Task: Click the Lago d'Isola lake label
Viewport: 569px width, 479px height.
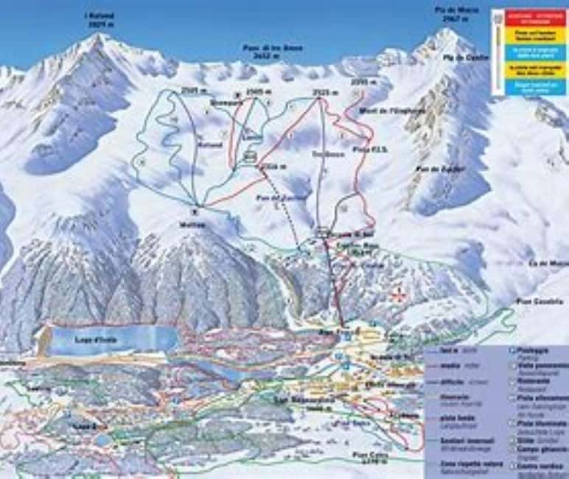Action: coord(92,340)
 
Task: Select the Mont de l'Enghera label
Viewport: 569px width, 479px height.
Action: coord(382,111)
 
